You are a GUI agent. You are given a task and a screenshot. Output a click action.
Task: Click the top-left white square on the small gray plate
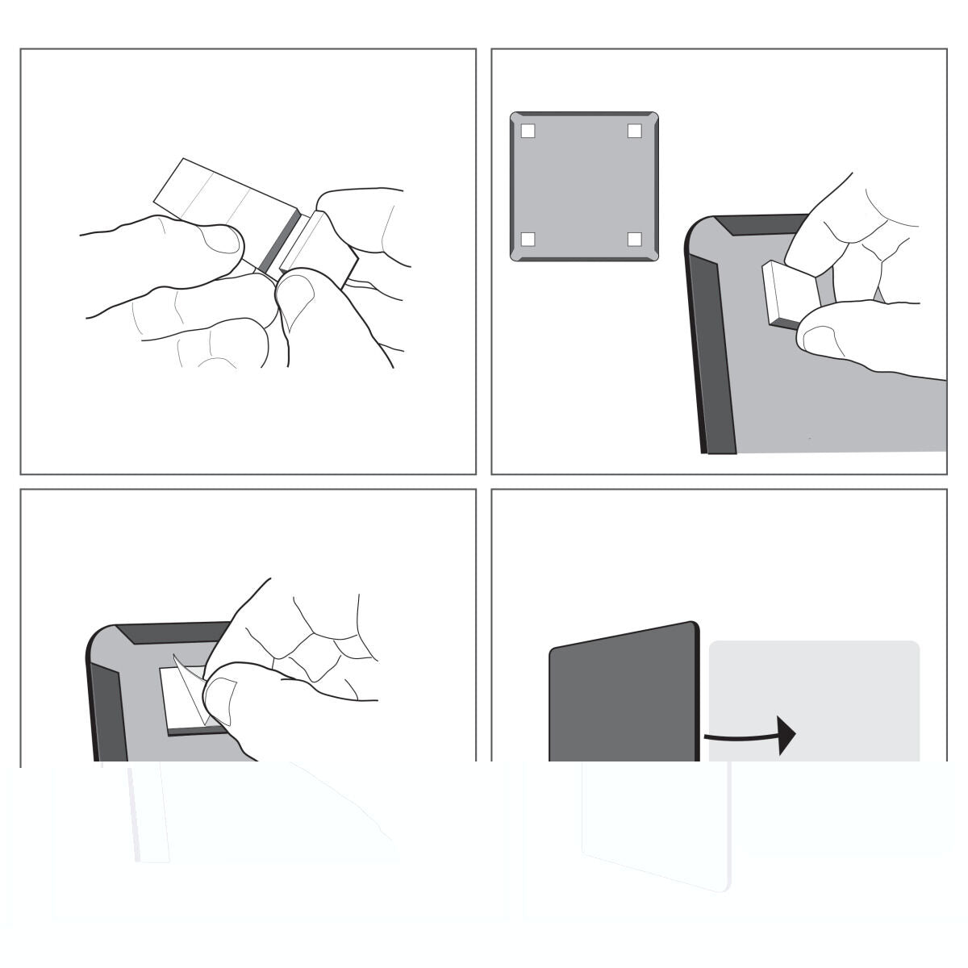coord(528,131)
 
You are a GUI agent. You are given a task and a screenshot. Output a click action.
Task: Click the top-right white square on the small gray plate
coord(635,131)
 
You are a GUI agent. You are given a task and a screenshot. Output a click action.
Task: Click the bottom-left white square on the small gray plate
coord(528,239)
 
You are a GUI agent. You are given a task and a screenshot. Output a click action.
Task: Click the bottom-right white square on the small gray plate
coord(635,239)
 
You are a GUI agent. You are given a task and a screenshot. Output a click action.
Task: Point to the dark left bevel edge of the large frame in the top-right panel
coord(710,355)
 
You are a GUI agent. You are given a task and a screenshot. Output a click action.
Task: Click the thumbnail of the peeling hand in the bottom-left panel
coord(219,694)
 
